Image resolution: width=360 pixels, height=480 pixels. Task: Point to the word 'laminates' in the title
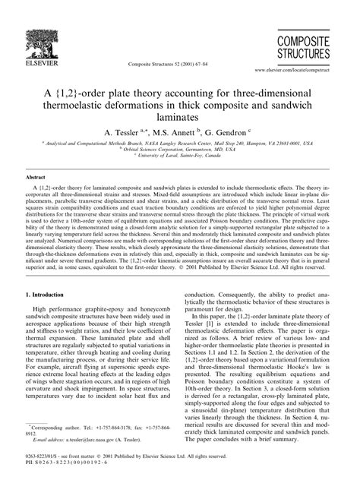pos(180,118)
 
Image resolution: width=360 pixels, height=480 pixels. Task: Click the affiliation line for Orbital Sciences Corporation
pos(180,150)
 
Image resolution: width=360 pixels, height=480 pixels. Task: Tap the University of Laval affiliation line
pos(180,156)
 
